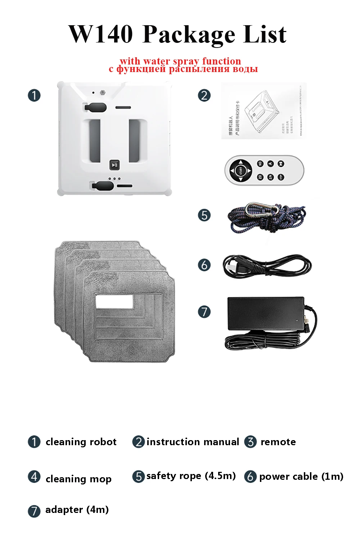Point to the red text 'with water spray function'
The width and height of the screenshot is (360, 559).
point(180,61)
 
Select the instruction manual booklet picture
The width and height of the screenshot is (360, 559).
point(264,110)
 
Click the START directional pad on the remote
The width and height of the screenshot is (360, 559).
point(241,170)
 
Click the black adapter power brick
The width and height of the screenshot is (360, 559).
point(266,313)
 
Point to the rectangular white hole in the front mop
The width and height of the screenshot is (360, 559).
point(114,301)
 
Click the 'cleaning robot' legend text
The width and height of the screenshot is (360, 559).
point(81,442)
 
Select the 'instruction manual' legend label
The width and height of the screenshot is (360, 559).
point(193,442)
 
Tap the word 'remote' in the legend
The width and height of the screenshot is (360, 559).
point(278,442)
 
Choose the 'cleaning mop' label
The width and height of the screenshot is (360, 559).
point(78,479)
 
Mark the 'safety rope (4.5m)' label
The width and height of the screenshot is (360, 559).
point(191,476)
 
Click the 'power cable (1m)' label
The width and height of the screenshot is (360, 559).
point(301,477)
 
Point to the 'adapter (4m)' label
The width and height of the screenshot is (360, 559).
point(77,510)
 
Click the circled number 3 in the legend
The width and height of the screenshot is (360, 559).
point(250,442)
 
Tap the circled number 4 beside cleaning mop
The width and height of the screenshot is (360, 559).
point(34,477)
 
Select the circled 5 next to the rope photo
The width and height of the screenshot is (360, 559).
point(204,215)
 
